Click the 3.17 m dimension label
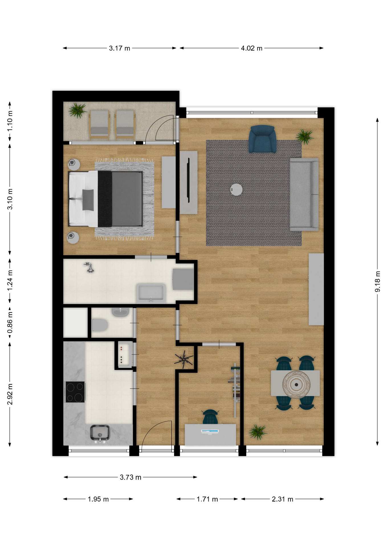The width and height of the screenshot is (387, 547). pyautogui.click(x=119, y=48)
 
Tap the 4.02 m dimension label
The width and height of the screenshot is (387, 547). pyautogui.click(x=252, y=48)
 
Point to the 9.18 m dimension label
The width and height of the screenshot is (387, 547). pyautogui.click(x=377, y=281)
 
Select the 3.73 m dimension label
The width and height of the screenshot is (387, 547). pyautogui.click(x=131, y=477)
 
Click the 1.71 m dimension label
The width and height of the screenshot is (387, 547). pyautogui.click(x=207, y=499)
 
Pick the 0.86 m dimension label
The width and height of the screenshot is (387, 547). pyautogui.click(x=10, y=322)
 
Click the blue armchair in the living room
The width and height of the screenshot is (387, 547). pyautogui.click(x=262, y=139)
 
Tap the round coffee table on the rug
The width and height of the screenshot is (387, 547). pyautogui.click(x=236, y=189)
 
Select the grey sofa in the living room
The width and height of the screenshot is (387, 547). pyautogui.click(x=304, y=194)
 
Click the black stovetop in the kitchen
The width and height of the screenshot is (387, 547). pyautogui.click(x=75, y=392)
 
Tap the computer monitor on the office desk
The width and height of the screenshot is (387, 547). pyautogui.click(x=210, y=432)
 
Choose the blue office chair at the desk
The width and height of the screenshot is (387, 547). pyautogui.click(x=210, y=417)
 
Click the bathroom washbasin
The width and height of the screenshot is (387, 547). pyautogui.click(x=151, y=293)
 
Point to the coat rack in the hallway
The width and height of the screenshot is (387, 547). pyautogui.click(x=184, y=359)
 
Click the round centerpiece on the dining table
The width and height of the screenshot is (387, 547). pyautogui.click(x=296, y=384)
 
